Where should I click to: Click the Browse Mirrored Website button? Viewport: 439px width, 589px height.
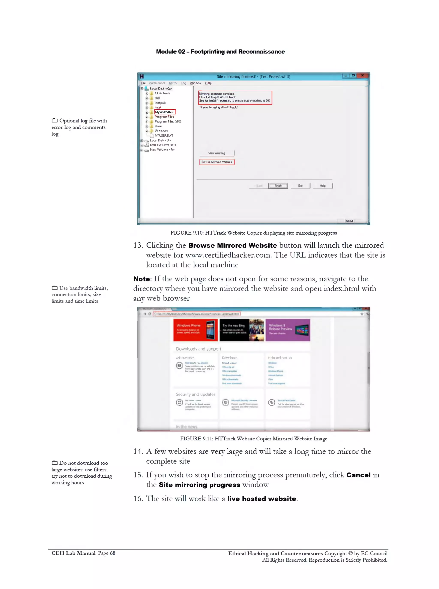pyautogui.click(x=216, y=162)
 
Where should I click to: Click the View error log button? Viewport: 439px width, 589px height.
pyautogui.click(x=216, y=153)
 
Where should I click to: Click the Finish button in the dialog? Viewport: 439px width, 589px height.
pyautogui.click(x=278, y=186)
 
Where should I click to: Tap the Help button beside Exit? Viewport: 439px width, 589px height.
pyautogui.click(x=322, y=186)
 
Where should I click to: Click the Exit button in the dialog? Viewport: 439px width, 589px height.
pyautogui.click(x=300, y=186)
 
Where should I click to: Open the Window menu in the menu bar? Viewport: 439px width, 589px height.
pyautogui.click(x=196, y=83)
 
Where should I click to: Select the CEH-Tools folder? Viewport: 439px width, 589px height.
pyautogui.click(x=162, y=93)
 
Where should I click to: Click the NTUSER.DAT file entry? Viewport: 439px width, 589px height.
pyautogui.click(x=164, y=135)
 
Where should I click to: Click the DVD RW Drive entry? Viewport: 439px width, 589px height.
pyautogui.click(x=163, y=145)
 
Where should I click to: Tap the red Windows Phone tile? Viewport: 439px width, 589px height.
pyautogui.click(x=195, y=330)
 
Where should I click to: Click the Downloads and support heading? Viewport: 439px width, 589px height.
pyautogui.click(x=198, y=349)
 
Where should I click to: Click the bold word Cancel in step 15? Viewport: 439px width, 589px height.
pyautogui.click(x=358, y=475)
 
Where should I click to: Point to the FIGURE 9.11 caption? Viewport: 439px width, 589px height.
pyautogui.click(x=254, y=439)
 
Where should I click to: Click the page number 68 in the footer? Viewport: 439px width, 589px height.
pyautogui.click(x=113, y=553)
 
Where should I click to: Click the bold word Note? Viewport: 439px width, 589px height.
pyautogui.click(x=142, y=279)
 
